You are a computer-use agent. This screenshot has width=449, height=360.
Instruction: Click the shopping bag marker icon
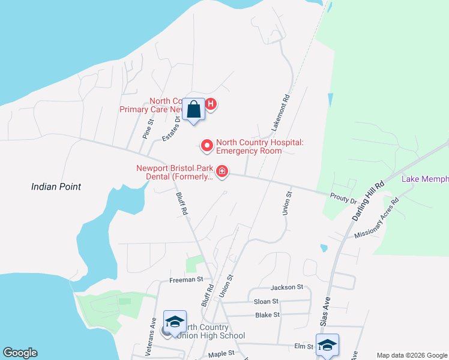(x=193, y=110)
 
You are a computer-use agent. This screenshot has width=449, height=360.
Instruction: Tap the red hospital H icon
(x=211, y=104)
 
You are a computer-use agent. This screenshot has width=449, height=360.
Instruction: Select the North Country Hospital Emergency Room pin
(x=207, y=145)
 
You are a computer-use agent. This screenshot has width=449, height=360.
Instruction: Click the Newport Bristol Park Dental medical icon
(x=222, y=172)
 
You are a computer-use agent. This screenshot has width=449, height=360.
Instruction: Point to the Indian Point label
(x=56, y=187)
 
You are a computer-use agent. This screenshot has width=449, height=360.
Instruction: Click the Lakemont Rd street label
(x=280, y=113)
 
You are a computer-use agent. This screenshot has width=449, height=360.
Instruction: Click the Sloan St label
(x=267, y=301)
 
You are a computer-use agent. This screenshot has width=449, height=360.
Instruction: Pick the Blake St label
(x=268, y=314)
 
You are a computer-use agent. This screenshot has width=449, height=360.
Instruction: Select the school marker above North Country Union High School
(x=175, y=322)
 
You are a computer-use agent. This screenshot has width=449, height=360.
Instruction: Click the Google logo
(x=20, y=353)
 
